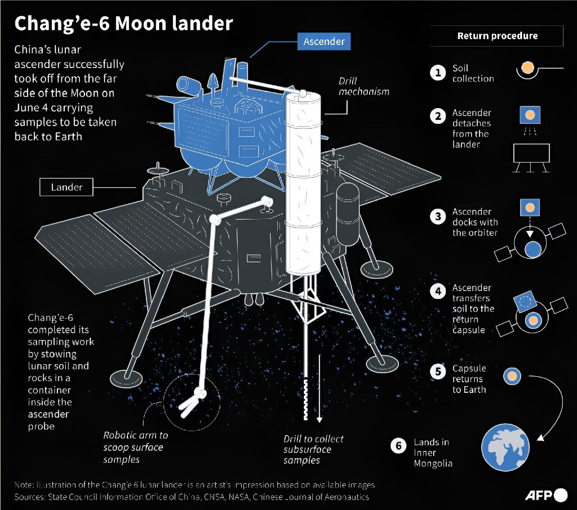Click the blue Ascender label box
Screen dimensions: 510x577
(x=324, y=41)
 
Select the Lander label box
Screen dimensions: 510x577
(x=66, y=187)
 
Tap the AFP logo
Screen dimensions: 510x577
(x=546, y=495)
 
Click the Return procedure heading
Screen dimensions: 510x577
(x=497, y=36)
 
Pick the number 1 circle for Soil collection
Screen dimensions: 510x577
(x=438, y=73)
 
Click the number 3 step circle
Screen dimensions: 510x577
(x=438, y=217)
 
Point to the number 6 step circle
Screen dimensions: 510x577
(x=398, y=446)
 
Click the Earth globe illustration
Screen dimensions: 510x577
(x=505, y=447)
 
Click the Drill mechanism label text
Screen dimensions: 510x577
(x=363, y=86)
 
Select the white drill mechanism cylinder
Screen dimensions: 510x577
(x=303, y=185)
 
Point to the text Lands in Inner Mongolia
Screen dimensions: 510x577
(x=433, y=452)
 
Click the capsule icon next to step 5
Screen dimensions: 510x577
(x=512, y=376)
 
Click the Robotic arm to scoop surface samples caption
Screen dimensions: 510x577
(x=135, y=447)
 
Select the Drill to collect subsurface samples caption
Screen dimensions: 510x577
(x=313, y=449)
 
